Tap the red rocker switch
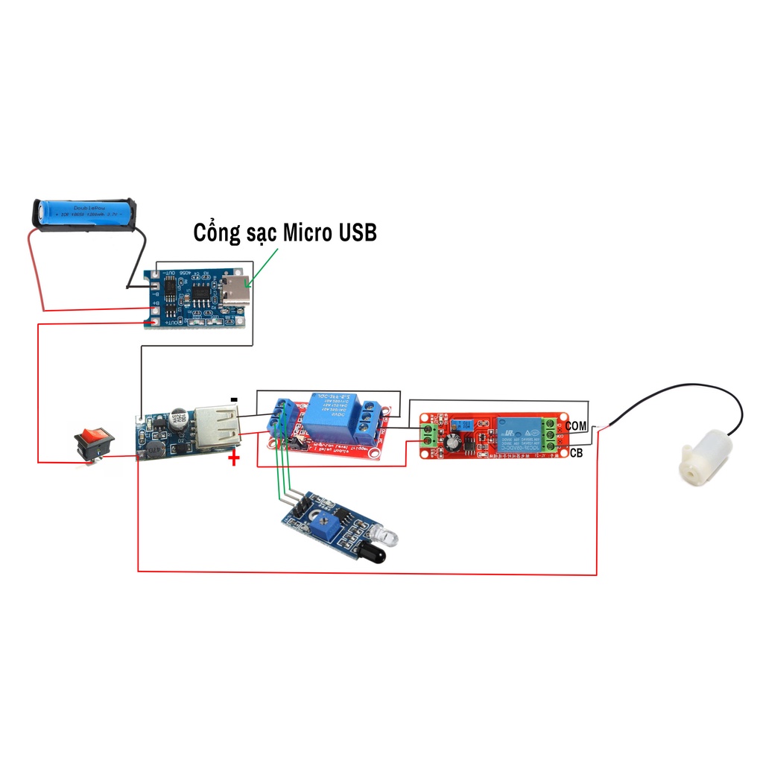(95, 441)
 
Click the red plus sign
(234, 458)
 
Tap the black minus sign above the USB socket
(234, 400)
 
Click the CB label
(576, 452)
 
